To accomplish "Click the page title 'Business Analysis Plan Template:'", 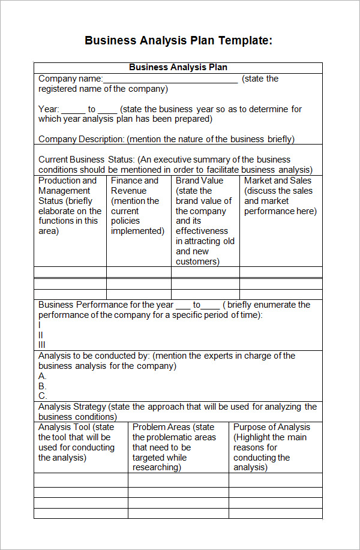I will click(178, 41).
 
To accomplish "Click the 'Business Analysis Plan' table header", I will click(178, 67).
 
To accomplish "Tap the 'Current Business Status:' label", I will click(86, 160).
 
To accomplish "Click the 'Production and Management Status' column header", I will click(67, 185).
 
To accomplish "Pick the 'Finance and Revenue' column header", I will click(134, 185).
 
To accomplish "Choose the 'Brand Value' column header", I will click(199, 181).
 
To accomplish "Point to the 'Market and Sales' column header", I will click(278, 181).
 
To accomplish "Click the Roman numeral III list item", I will click(42, 345).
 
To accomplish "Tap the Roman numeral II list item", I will click(41, 335).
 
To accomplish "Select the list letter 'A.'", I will click(43, 376).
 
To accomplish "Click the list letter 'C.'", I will click(43, 396).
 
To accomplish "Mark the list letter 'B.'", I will click(43, 386).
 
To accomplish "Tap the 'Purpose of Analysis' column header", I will click(272, 427).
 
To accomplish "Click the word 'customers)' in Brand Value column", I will click(197, 262).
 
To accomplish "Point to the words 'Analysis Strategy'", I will click(72, 407).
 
